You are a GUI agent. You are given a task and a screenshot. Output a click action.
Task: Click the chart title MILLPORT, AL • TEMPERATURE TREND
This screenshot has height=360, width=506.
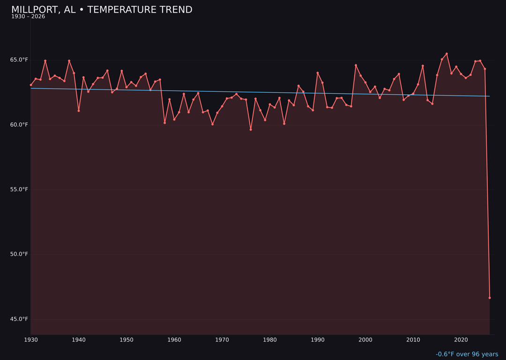tap(102, 10)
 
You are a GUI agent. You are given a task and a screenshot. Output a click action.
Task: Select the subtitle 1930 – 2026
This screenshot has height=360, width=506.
tap(28, 17)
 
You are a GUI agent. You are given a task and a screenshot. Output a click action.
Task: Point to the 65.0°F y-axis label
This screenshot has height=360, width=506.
tap(20, 60)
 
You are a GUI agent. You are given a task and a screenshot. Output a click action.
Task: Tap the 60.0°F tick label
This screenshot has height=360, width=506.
tap(20, 125)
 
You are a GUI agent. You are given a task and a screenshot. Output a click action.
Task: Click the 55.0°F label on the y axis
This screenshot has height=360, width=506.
tap(20, 189)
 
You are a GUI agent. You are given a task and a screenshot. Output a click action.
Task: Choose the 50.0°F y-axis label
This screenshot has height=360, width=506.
tap(20, 254)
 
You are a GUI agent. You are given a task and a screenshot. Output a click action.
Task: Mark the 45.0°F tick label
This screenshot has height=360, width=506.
tap(20, 319)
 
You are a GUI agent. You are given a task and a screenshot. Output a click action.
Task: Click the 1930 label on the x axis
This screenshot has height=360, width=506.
tap(31, 340)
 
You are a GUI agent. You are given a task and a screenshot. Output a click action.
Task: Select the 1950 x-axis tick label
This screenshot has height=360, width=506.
tap(126, 340)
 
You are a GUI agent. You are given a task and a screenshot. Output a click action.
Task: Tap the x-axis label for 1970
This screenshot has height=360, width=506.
tap(222, 340)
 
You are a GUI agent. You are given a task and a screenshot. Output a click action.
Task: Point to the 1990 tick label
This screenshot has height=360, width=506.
tap(318, 340)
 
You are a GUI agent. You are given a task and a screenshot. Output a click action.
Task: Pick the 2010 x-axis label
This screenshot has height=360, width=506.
tap(413, 340)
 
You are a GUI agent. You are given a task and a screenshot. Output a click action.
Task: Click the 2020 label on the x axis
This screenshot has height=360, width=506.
tap(461, 340)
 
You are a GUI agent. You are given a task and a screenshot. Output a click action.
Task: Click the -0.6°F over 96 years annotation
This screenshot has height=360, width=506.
tap(467, 354)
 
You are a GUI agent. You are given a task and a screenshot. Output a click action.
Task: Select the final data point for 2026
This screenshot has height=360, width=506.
tap(490, 298)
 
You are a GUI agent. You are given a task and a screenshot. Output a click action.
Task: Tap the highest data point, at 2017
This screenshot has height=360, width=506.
tap(446, 53)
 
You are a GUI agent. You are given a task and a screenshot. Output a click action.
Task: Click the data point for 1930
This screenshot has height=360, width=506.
tap(31, 85)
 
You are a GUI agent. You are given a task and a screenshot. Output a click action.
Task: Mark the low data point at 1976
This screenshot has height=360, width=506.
tap(251, 129)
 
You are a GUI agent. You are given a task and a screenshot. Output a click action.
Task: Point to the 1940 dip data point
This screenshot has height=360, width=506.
tap(79, 111)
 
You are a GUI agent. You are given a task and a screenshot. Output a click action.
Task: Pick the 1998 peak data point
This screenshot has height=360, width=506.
tap(356, 65)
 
